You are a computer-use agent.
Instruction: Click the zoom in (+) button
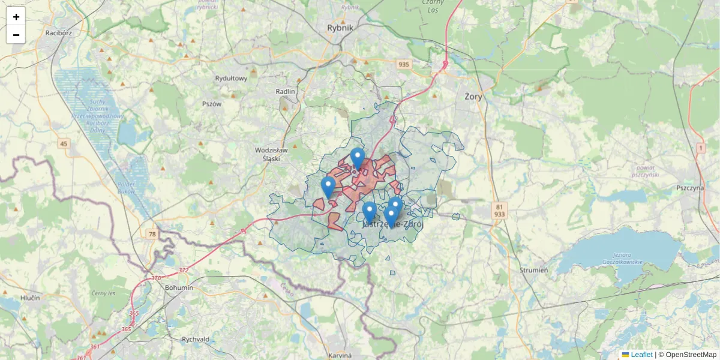click(x=16, y=17)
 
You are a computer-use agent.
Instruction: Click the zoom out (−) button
click(x=16, y=35)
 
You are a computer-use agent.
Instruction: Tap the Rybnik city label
click(x=341, y=28)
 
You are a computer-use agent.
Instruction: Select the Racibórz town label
click(x=58, y=33)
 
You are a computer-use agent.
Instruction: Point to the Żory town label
click(x=473, y=96)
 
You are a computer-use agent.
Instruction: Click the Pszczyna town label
click(x=689, y=187)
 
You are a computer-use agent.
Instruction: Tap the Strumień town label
click(x=533, y=270)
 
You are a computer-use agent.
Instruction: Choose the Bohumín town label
click(x=179, y=287)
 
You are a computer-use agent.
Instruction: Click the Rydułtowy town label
click(x=231, y=79)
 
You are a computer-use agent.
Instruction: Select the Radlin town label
click(x=286, y=91)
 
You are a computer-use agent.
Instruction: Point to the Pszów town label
click(x=212, y=104)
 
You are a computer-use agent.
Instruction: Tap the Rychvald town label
click(x=196, y=339)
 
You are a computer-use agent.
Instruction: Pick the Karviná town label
click(x=340, y=355)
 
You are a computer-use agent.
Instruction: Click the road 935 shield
click(x=403, y=65)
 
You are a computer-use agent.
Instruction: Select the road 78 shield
click(x=152, y=234)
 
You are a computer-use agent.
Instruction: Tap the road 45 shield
click(x=64, y=143)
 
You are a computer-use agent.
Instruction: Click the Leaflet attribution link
click(x=641, y=355)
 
